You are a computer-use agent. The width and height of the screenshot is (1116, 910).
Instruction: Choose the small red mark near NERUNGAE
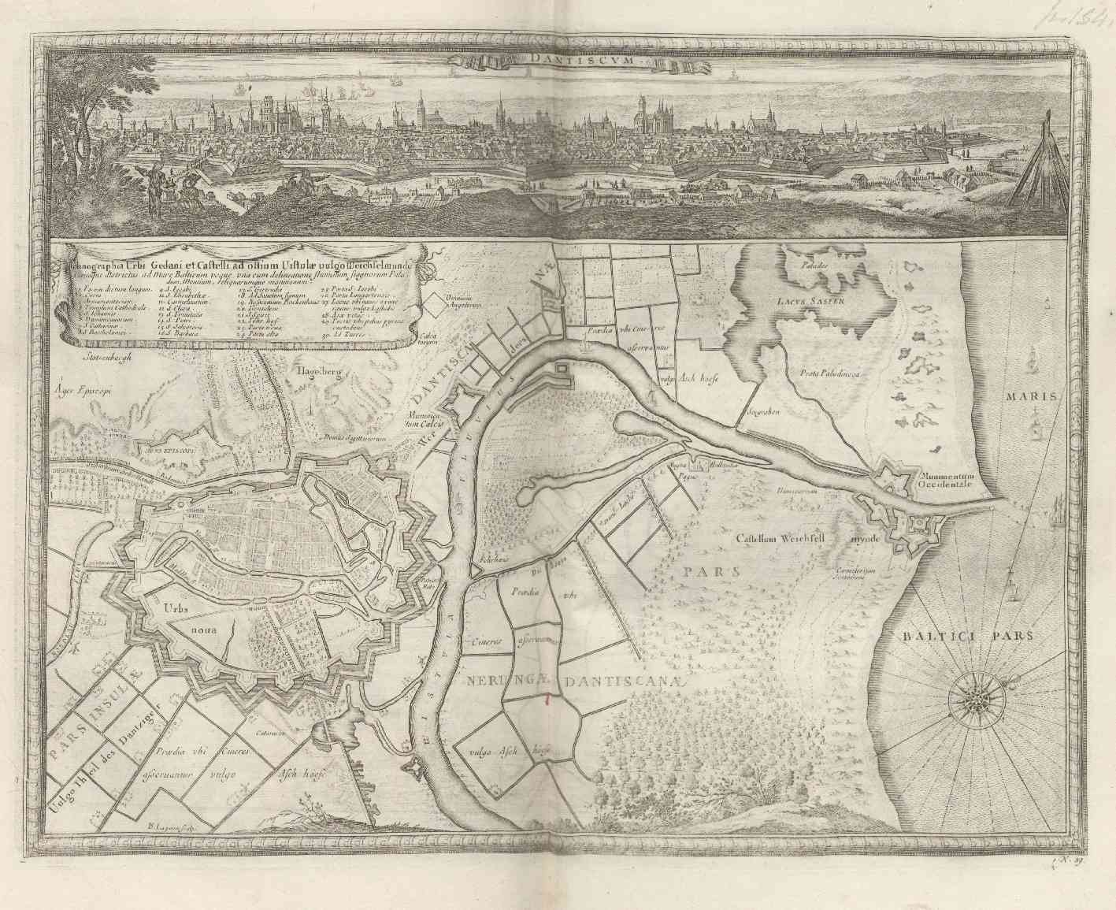pyautogui.click(x=547, y=698)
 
